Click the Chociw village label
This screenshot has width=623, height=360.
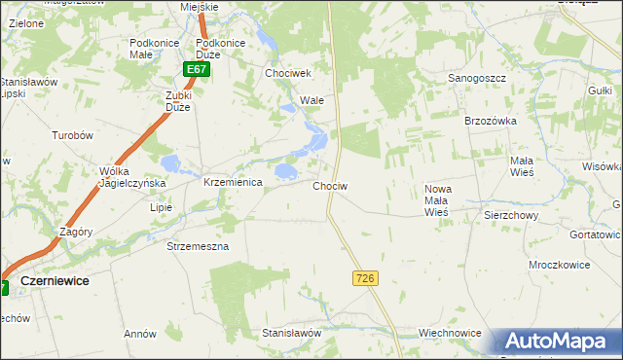pos(331,185)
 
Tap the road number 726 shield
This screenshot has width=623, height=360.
pos(364,278)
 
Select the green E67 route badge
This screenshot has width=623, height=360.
pos(197,70)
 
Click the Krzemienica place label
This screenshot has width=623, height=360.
pos(233,182)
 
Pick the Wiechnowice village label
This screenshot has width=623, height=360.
pos(450,333)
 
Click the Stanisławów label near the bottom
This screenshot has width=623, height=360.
pos(292,333)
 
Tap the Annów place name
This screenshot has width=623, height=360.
pos(140,334)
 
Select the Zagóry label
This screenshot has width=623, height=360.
pos(75,233)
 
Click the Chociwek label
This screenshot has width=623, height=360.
pos(287,73)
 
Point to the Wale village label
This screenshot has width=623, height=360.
pos(311,100)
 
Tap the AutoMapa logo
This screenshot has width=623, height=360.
pos(555,340)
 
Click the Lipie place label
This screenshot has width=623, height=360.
pos(161,207)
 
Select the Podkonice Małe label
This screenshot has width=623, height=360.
pos(151,49)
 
